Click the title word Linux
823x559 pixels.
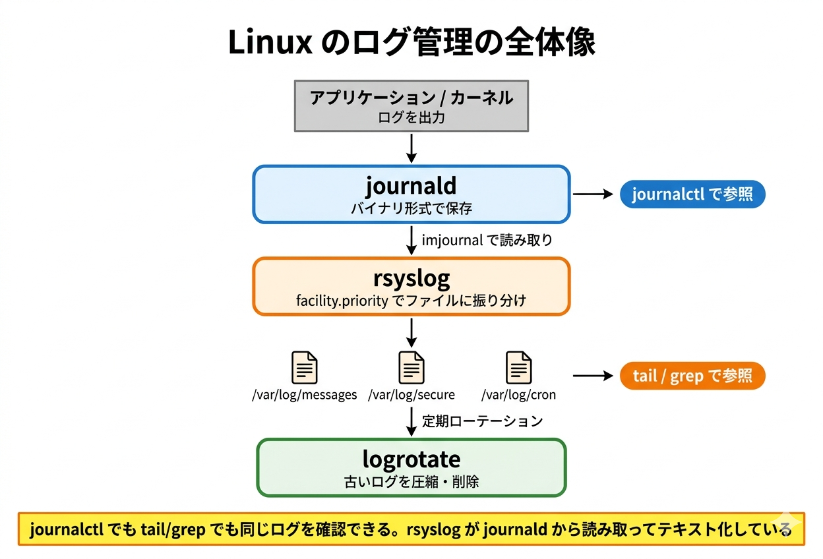tap(270, 43)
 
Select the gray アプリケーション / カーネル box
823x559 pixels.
tap(411, 106)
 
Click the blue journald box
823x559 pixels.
tap(411, 194)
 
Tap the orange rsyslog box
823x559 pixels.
tap(411, 286)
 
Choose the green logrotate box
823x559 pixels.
tap(411, 467)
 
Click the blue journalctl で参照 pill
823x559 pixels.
tap(692, 194)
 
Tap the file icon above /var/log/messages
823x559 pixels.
tap(304, 367)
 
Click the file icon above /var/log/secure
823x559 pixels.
tap(411, 367)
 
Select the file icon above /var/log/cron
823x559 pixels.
tap(518, 367)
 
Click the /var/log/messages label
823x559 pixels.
tap(304, 395)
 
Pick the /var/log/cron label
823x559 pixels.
tap(518, 395)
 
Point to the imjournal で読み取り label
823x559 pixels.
tap(487, 241)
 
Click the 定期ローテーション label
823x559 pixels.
tap(482, 421)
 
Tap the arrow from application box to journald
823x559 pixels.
tap(411, 148)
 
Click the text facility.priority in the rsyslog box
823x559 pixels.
tap(340, 301)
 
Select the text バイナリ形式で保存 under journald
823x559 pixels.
tap(411, 209)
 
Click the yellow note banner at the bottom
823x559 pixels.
tap(411, 529)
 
